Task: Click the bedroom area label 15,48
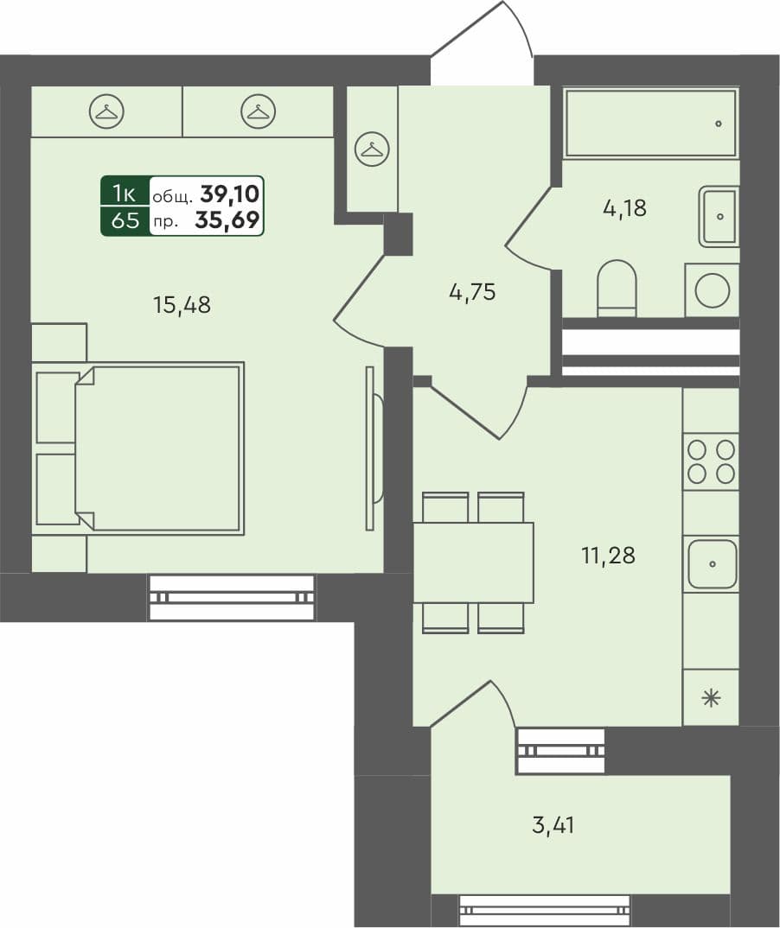pyautogui.click(x=182, y=305)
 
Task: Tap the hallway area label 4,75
pyautogui.click(x=471, y=293)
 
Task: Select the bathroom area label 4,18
pyautogui.click(x=624, y=208)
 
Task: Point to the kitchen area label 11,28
pyautogui.click(x=608, y=556)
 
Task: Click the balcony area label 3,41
pyautogui.click(x=553, y=825)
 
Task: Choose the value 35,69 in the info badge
pyautogui.click(x=227, y=220)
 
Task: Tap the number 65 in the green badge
pyautogui.click(x=125, y=220)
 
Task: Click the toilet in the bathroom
pyautogui.click(x=617, y=288)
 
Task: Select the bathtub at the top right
pyautogui.click(x=651, y=123)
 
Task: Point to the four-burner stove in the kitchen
pyautogui.click(x=711, y=461)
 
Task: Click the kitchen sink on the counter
pyautogui.click(x=711, y=563)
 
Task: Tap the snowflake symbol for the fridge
pyautogui.click(x=711, y=698)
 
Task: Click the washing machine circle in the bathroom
pyautogui.click(x=712, y=290)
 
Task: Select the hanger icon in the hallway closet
pyautogui.click(x=372, y=149)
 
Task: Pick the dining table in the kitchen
pyautogui.click(x=473, y=563)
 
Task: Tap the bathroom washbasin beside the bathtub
pyautogui.click(x=719, y=215)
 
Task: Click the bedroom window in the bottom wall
pyautogui.click(x=231, y=597)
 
